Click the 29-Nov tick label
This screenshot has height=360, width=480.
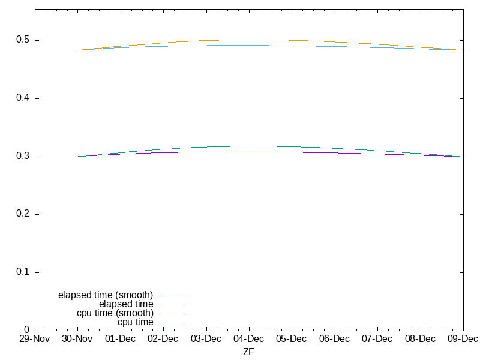(35, 339)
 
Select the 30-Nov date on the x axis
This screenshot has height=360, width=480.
(77, 339)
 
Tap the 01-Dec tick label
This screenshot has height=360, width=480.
(120, 339)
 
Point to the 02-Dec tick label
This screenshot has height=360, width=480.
(163, 339)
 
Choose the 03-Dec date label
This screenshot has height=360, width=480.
(206, 339)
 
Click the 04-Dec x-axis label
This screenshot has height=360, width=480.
(248, 339)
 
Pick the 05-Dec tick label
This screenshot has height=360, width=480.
(292, 339)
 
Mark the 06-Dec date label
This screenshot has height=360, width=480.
(334, 339)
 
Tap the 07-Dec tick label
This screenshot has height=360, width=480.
(377, 339)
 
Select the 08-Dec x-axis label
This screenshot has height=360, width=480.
(420, 339)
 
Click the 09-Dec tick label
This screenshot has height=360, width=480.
(463, 339)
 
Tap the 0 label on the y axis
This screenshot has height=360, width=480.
(27, 330)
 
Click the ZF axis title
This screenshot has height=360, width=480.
(248, 352)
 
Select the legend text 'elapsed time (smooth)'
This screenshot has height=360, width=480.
(106, 295)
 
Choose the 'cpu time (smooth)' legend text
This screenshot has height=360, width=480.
(115, 313)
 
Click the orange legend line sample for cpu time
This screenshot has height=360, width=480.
(172, 323)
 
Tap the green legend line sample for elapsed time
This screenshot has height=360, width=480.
(172, 305)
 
